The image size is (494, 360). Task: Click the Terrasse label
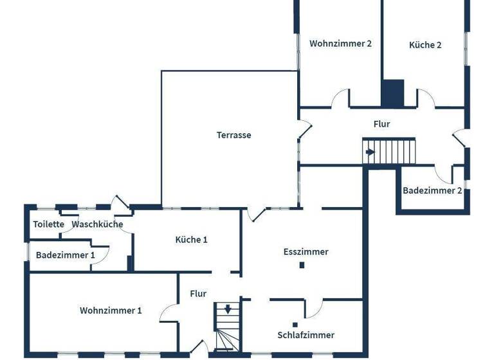(233, 135)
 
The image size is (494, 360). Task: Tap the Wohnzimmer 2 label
(340, 44)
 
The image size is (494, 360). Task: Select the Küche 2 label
(425, 45)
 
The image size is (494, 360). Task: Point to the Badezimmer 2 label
(432, 190)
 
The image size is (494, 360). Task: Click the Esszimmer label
(306, 251)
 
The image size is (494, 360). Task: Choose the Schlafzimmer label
(306, 335)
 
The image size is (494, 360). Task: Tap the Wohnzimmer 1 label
(111, 310)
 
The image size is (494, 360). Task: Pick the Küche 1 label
(191, 239)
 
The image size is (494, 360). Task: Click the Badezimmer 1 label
(65, 255)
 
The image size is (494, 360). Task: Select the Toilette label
(49, 224)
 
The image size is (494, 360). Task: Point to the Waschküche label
(97, 224)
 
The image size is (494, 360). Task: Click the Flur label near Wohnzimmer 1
(198, 294)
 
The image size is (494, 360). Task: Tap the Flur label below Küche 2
(381, 124)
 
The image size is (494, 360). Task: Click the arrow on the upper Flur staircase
(370, 152)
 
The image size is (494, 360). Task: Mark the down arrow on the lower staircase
(227, 309)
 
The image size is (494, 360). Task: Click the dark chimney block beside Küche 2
(392, 93)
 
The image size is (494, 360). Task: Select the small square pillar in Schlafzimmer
(294, 324)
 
